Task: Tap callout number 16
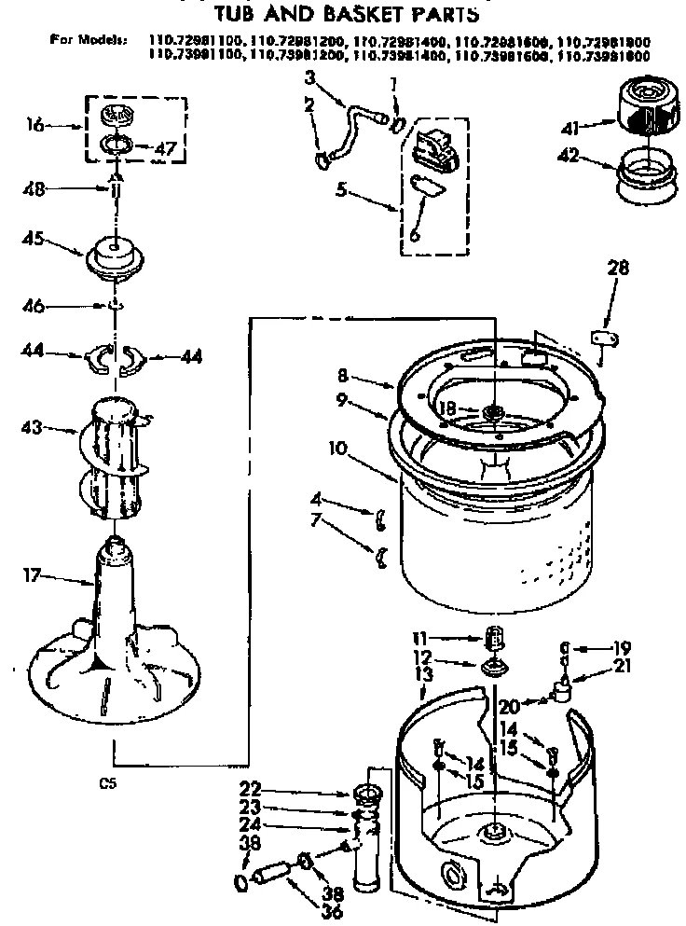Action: click(x=35, y=124)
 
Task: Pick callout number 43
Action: click(x=32, y=430)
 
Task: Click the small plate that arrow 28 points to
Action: click(x=604, y=338)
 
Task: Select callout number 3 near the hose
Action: click(x=309, y=75)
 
